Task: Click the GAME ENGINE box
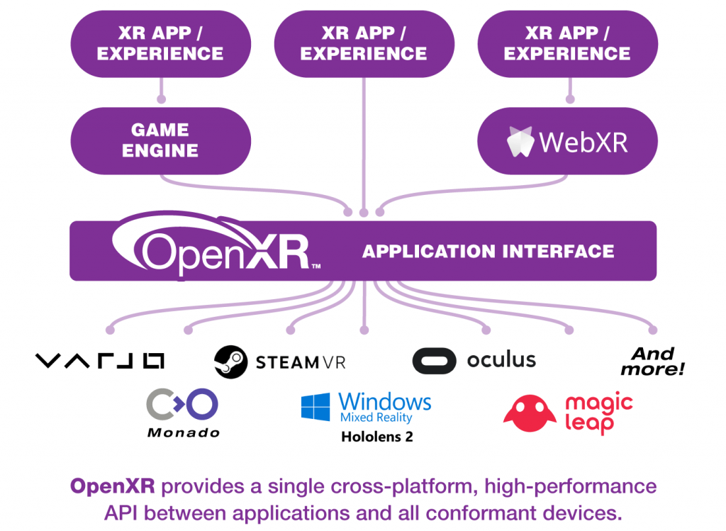click(161, 141)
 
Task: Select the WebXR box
click(567, 141)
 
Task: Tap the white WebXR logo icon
click(520, 141)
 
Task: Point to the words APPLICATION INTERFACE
click(488, 252)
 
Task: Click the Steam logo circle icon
click(230, 362)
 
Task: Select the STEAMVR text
click(301, 362)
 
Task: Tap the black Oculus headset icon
click(435, 361)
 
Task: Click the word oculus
click(501, 359)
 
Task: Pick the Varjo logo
click(99, 361)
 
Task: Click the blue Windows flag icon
click(315, 407)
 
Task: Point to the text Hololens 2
click(377, 437)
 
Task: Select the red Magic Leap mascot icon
click(530, 413)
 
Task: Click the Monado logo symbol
click(182, 404)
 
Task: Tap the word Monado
click(184, 433)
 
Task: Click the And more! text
click(652, 362)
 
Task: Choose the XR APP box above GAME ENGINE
click(161, 44)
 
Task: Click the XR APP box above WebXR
click(567, 44)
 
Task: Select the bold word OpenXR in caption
click(113, 486)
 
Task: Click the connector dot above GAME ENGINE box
click(161, 99)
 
